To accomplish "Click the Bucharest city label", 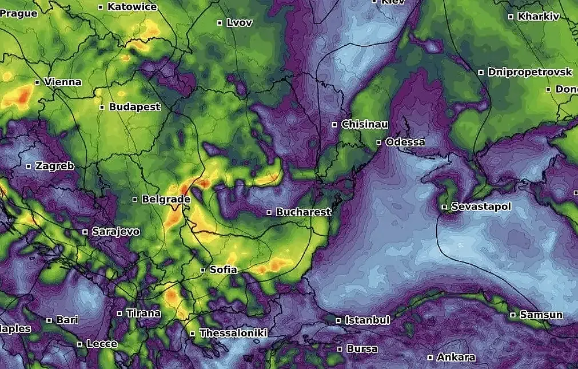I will click(304, 212).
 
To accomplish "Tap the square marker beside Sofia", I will click(203, 270).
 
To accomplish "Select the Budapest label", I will click(135, 107).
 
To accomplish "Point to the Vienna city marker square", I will click(37, 82).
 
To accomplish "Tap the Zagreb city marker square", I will click(29, 166).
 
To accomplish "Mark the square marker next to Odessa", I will click(379, 142).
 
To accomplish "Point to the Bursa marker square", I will click(340, 348).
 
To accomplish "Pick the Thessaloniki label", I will click(233, 334).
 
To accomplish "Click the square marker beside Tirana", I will click(119, 314).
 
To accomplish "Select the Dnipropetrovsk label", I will click(529, 72).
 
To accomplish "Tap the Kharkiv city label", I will click(538, 17).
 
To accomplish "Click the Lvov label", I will click(239, 23).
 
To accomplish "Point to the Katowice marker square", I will click(101, 7).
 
